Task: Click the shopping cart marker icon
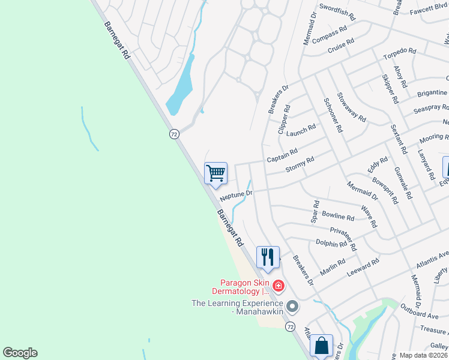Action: (x=215, y=173)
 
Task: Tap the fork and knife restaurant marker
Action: (x=268, y=257)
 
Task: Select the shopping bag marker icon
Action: (x=321, y=346)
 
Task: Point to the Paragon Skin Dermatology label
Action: (x=243, y=287)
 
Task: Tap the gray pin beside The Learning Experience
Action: (x=292, y=307)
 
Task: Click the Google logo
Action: (x=20, y=353)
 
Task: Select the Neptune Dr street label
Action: (x=237, y=196)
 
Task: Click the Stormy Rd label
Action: (x=300, y=164)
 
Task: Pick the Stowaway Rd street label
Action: (x=351, y=107)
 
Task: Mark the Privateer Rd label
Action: (x=343, y=238)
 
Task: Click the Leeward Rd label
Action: (x=363, y=267)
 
